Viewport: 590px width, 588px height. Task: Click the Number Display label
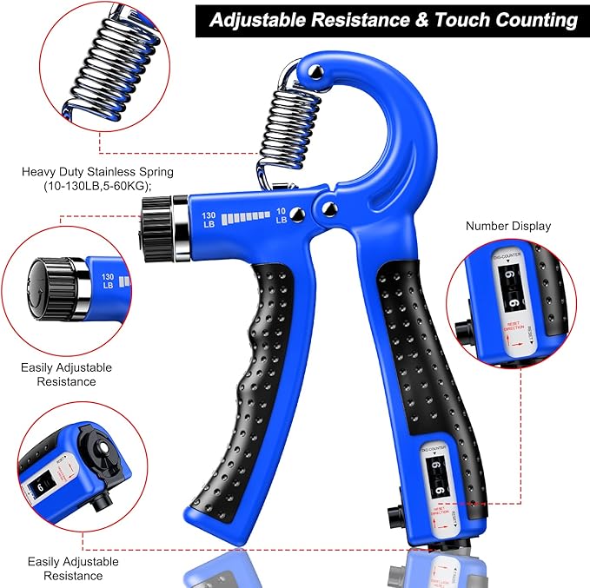click(508, 226)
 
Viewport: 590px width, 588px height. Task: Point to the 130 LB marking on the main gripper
click(209, 219)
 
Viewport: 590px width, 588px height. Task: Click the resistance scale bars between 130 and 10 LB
click(245, 218)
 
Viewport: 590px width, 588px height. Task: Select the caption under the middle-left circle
click(67, 374)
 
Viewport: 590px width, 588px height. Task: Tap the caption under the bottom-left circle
click(73, 569)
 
